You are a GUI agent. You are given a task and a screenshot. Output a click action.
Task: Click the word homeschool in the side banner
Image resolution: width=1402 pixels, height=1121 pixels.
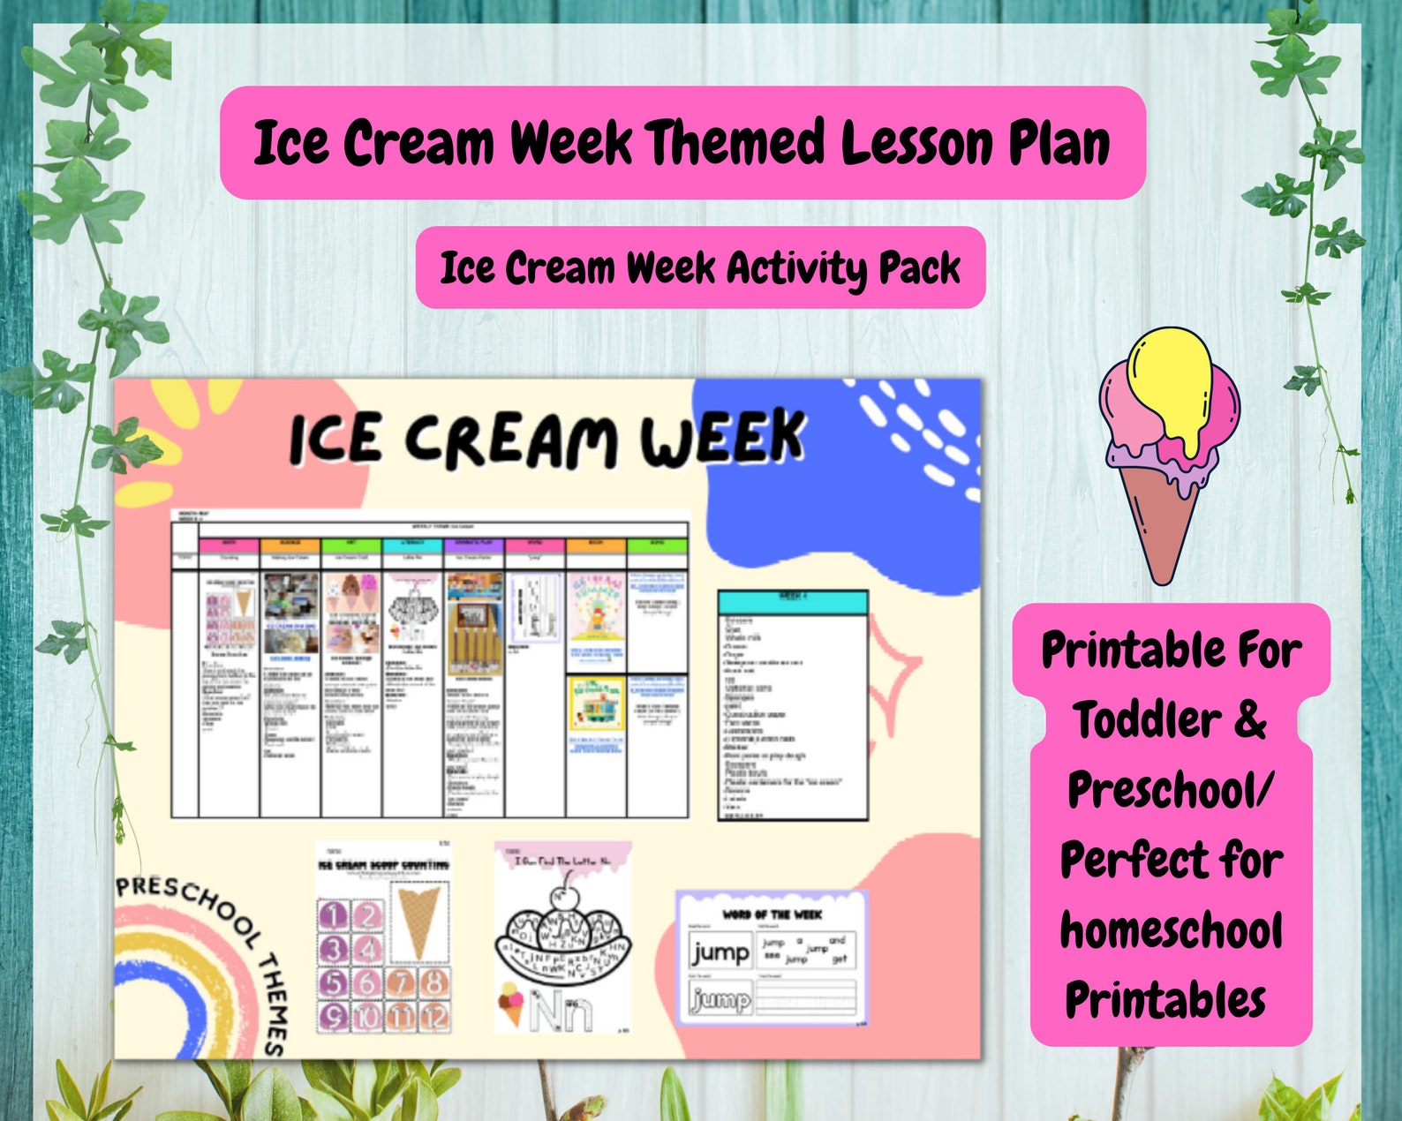click(1171, 931)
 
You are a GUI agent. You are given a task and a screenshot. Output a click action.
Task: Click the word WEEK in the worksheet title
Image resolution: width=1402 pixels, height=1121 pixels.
click(721, 438)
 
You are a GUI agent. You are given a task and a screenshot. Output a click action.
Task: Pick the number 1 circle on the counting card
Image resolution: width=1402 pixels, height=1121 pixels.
click(333, 915)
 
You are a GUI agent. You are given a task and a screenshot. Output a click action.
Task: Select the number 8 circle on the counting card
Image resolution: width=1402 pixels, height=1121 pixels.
click(433, 982)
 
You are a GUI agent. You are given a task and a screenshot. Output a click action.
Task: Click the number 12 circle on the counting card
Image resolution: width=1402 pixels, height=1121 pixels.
click(433, 1017)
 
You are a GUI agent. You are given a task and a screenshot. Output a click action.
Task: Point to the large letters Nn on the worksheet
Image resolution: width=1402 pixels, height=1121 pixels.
click(562, 1011)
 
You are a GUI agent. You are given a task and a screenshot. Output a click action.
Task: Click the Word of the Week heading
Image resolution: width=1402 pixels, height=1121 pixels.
click(771, 914)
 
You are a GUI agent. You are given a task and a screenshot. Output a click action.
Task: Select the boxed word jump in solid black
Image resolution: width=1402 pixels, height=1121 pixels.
click(720, 952)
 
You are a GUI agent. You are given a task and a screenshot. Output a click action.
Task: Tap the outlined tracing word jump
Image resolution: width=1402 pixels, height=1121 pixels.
click(720, 999)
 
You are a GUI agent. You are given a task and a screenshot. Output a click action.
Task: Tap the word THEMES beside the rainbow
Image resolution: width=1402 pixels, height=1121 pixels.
click(274, 1006)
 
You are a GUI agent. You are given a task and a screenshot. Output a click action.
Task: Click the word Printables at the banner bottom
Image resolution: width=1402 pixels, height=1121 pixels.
click(1165, 1001)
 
